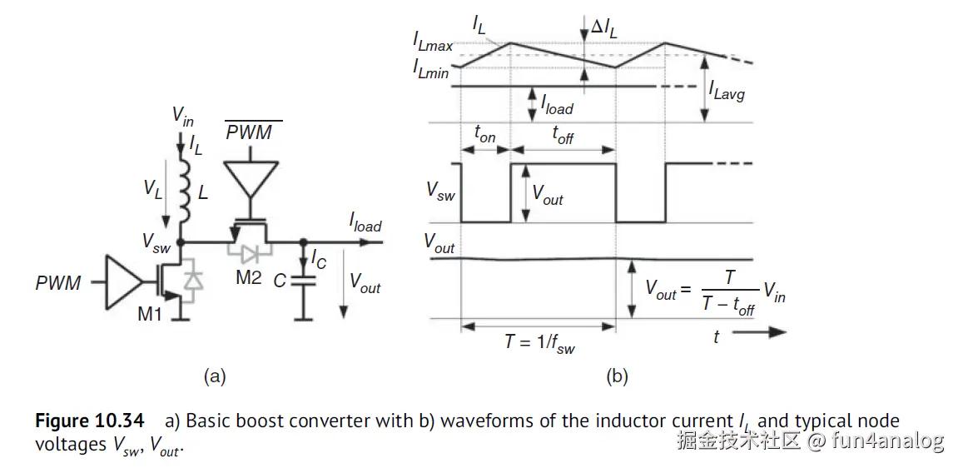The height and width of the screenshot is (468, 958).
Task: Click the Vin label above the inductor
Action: (183, 115)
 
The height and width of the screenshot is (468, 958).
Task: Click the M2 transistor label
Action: (248, 278)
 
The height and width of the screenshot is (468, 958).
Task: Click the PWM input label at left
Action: (58, 284)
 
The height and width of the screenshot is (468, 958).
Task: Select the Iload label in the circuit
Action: (365, 222)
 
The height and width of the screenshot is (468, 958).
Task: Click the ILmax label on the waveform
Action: (433, 41)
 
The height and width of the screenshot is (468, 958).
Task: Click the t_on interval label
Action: (484, 133)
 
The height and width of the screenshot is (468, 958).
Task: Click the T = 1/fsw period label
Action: (539, 342)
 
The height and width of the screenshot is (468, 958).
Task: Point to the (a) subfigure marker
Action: (215, 377)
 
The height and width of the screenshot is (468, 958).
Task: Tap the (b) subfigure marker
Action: (617, 377)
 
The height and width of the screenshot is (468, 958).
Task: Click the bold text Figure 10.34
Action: (89, 421)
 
